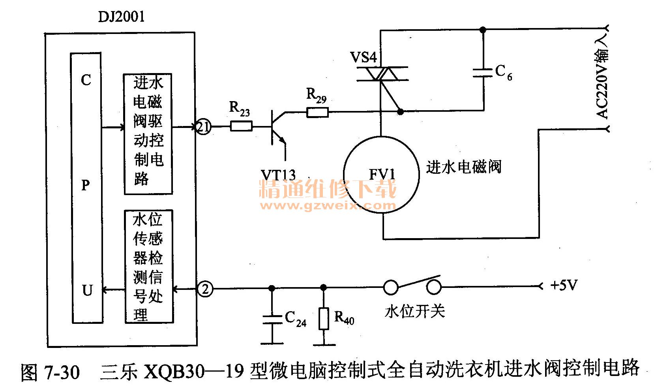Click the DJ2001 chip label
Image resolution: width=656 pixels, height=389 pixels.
click(x=121, y=17)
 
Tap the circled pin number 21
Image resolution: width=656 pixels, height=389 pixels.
click(x=204, y=127)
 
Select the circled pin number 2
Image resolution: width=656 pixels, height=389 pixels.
click(x=204, y=289)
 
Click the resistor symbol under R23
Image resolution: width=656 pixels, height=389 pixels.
click(x=241, y=127)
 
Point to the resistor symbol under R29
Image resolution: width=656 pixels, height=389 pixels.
click(x=317, y=113)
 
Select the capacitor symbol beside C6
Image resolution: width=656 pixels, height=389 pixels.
click(x=482, y=73)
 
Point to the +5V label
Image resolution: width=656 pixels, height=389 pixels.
click(x=564, y=285)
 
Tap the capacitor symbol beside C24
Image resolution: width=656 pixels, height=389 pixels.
click(x=272, y=319)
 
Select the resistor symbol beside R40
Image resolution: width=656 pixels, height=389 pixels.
click(x=324, y=319)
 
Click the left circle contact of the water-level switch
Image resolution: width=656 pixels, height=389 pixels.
click(x=391, y=287)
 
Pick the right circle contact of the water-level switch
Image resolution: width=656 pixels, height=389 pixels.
click(x=434, y=287)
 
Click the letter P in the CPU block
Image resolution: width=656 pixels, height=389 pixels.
click(x=86, y=185)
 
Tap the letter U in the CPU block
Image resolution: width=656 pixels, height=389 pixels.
click(x=87, y=291)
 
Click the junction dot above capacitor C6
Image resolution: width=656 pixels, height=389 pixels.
click(x=482, y=30)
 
